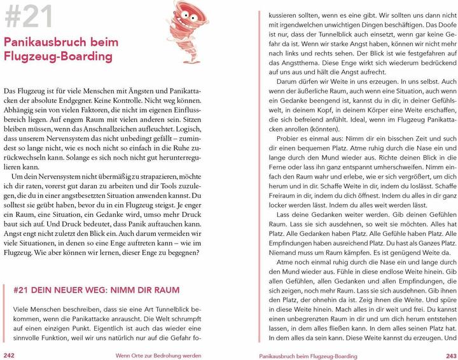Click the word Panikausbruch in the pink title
(x=45, y=43)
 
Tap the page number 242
(x=11, y=354)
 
